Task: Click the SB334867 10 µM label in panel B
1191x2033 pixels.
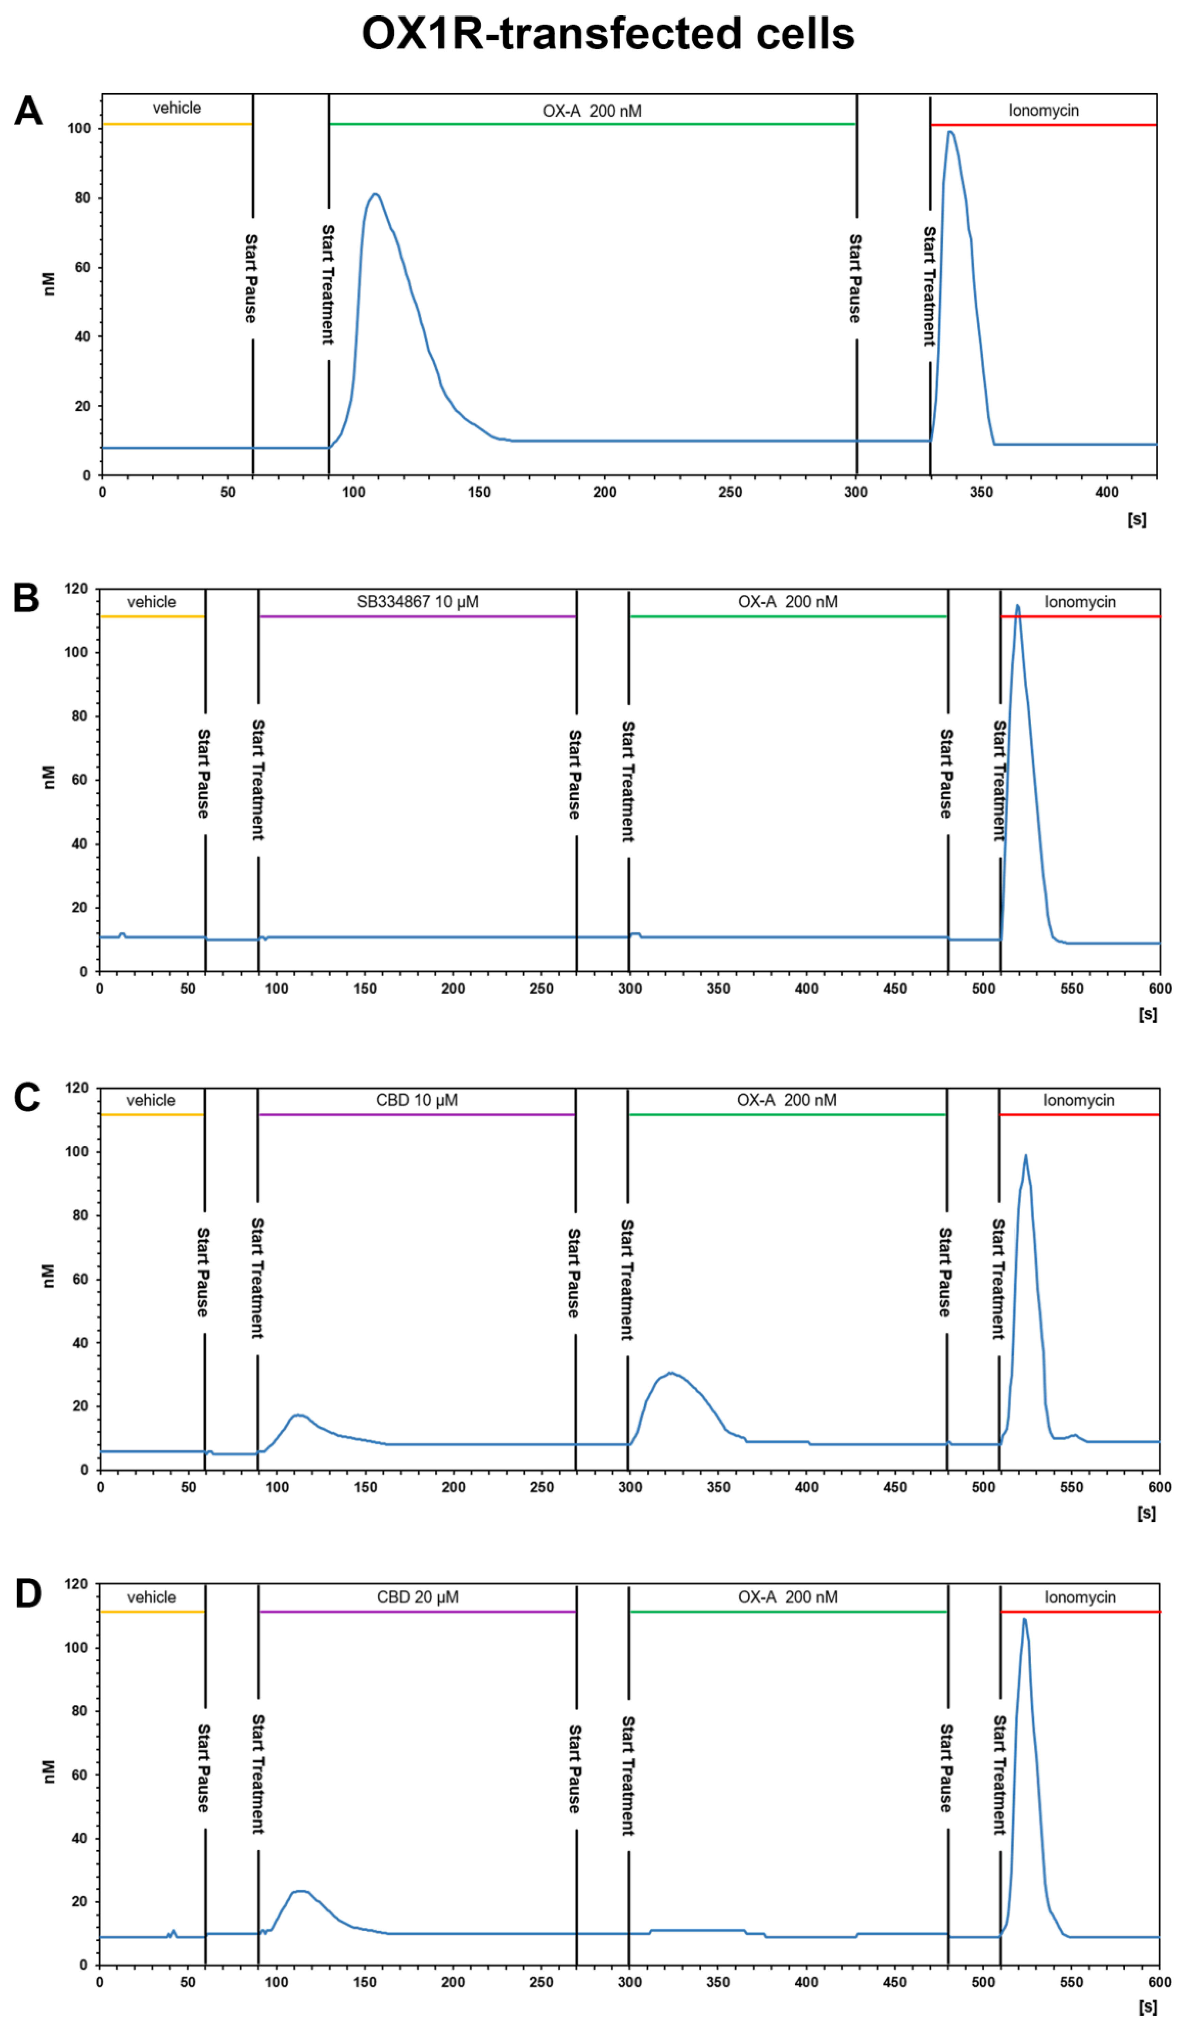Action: point(417,602)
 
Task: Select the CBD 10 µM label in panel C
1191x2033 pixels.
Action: point(417,1100)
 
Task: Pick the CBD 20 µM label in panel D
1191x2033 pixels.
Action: point(417,1597)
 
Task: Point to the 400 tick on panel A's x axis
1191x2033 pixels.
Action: point(1106,492)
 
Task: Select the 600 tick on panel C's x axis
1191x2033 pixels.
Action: point(1159,1487)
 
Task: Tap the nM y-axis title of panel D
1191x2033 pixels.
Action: point(48,1772)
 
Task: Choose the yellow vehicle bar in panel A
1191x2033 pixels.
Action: point(177,124)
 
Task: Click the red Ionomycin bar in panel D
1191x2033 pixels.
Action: point(1080,1612)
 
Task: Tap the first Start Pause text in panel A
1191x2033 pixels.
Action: point(251,278)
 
